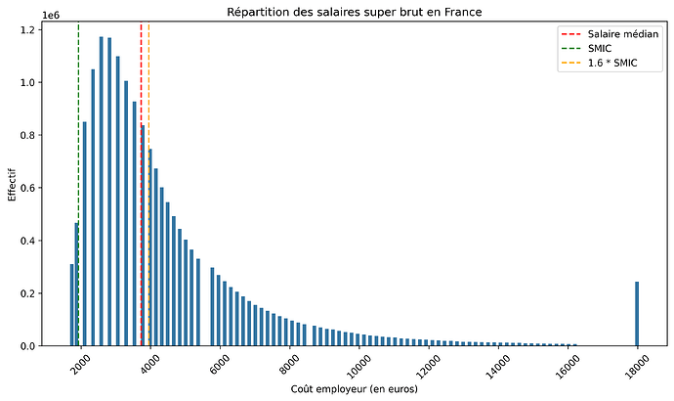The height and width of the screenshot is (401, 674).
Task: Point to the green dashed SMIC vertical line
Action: [x=79, y=147]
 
